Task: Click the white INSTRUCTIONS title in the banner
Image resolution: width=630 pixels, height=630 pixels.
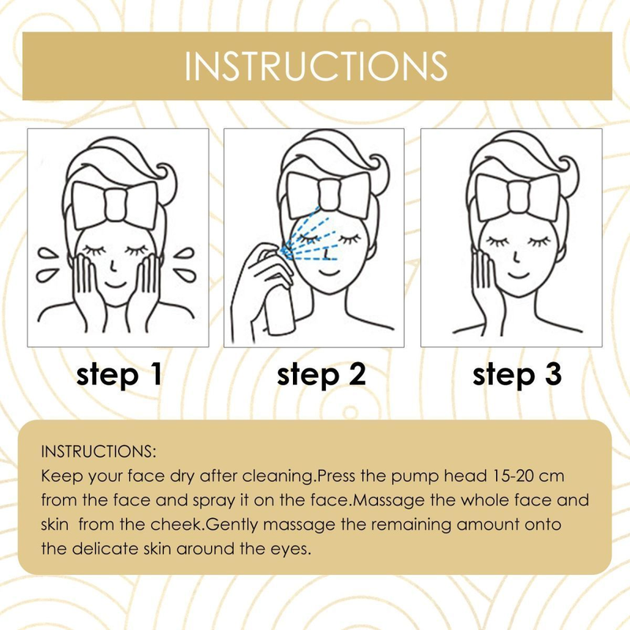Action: tap(316, 66)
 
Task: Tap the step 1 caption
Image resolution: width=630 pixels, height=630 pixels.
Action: tap(119, 375)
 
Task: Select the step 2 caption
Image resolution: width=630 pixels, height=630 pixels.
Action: tap(321, 375)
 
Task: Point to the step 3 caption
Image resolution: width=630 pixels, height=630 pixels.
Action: tap(517, 375)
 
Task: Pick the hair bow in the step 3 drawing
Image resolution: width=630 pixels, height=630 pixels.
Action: tap(517, 198)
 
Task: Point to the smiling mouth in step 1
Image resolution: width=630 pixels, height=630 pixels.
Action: tap(116, 285)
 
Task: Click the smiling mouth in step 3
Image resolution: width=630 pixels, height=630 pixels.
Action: tap(518, 276)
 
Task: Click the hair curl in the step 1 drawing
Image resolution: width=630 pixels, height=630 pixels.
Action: tap(168, 176)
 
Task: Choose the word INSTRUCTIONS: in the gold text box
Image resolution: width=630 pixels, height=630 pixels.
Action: tap(98, 451)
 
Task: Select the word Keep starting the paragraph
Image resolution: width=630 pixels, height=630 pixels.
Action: tap(61, 477)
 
